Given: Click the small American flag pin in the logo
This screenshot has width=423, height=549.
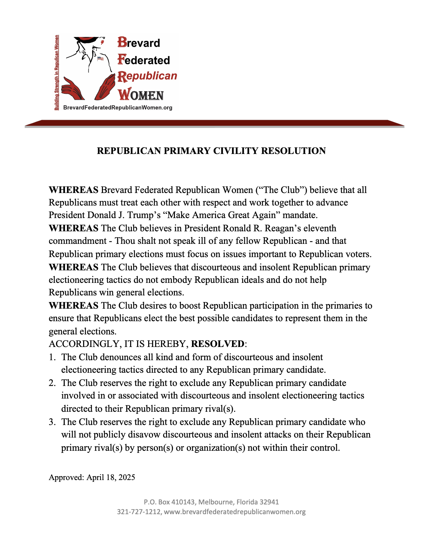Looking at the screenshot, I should pyautogui.click(x=100, y=59).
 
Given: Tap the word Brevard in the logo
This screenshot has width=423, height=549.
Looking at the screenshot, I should pyautogui.click(x=139, y=42).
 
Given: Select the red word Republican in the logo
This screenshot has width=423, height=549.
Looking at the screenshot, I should pyautogui.click(x=147, y=76).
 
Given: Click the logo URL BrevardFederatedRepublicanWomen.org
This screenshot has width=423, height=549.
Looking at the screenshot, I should pyautogui.click(x=118, y=108).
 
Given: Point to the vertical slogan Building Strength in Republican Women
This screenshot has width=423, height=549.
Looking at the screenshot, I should pyautogui.click(x=57, y=72).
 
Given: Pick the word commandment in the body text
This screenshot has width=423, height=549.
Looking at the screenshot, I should pyautogui.click(x=78, y=241).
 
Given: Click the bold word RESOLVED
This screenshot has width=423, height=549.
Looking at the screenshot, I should pyautogui.click(x=217, y=344).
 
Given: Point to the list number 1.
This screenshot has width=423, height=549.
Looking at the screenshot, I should pyautogui.click(x=52, y=357).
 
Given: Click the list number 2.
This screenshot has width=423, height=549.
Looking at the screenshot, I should pyautogui.click(x=52, y=383).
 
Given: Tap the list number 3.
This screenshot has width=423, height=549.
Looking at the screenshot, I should pyautogui.click(x=52, y=422).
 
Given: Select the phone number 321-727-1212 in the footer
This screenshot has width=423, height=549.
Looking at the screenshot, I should pyautogui.click(x=139, y=512).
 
